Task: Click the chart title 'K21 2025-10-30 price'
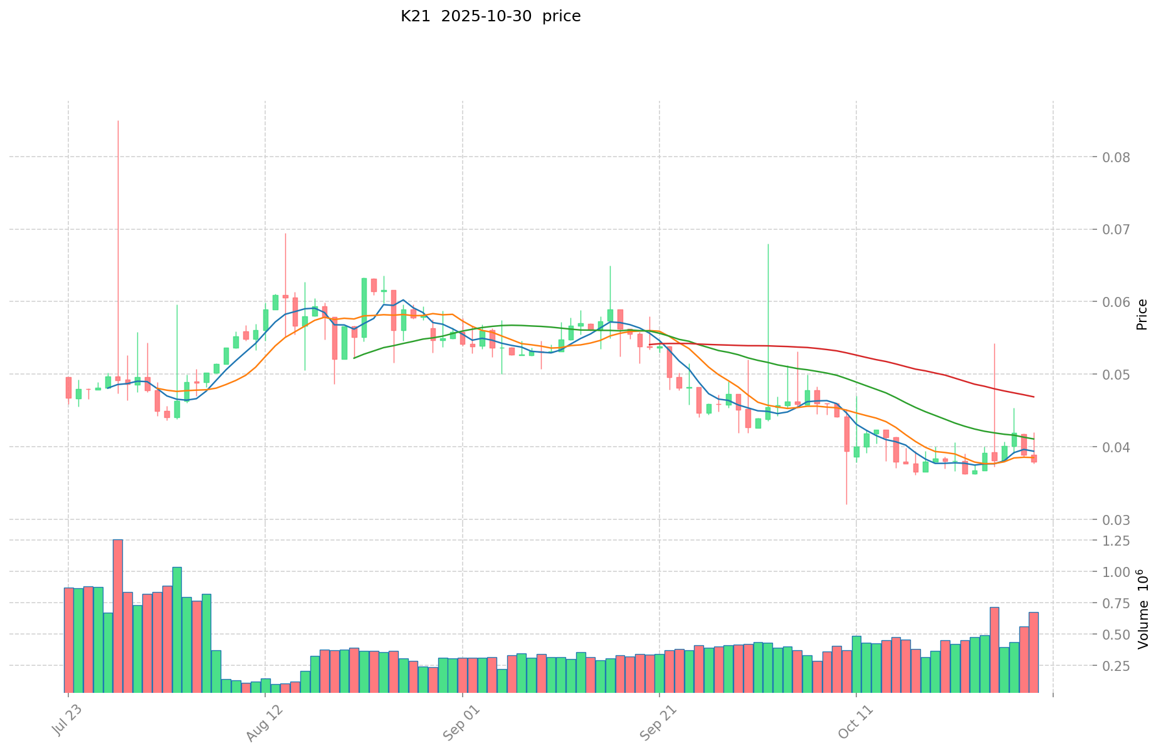[490, 16]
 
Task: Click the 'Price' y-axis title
[1142, 314]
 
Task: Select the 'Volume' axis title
[1142, 617]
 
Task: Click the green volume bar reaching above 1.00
[177, 626]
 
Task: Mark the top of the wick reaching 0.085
[118, 121]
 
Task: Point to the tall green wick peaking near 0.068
[768, 245]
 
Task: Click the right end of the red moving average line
[1033, 397]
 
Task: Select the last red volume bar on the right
[1033, 652]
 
